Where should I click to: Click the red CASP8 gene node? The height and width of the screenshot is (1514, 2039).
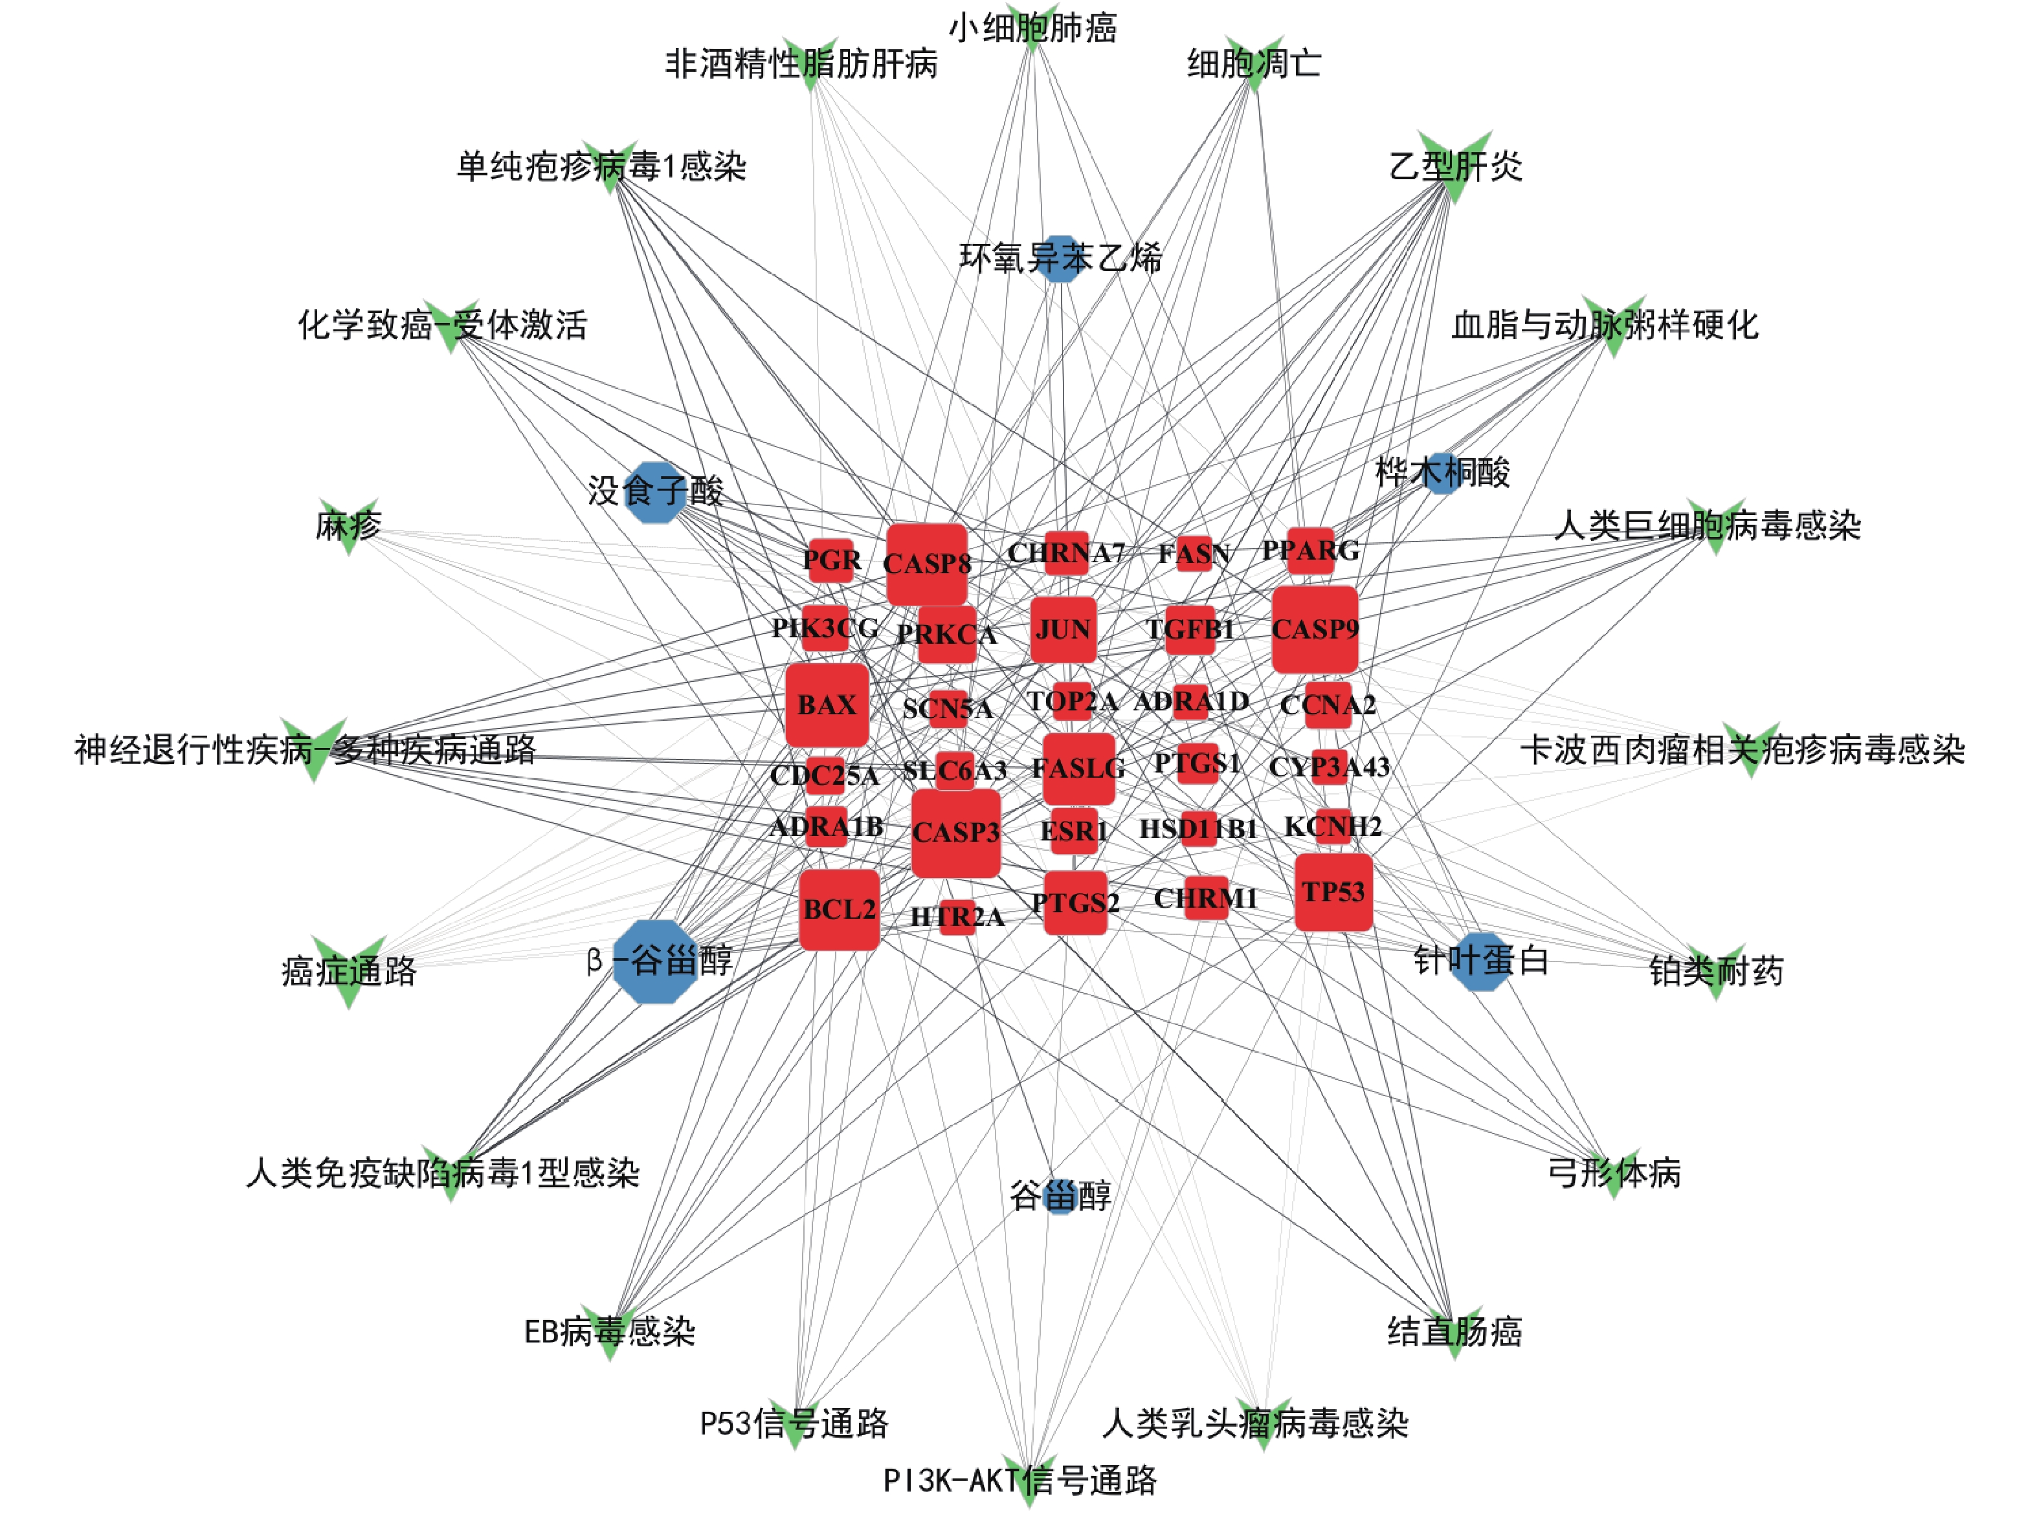(927, 564)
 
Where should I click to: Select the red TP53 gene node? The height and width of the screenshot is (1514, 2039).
(1333, 892)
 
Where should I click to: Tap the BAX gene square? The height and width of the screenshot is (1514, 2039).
(826, 705)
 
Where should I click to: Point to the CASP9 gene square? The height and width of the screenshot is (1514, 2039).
(1315, 630)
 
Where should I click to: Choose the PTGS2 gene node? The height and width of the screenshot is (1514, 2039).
(1075, 904)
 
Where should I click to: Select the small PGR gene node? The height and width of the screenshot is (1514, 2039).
(830, 560)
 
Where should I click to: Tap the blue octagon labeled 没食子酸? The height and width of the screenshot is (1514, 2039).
(654, 492)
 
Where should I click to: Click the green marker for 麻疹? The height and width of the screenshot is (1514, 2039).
(348, 526)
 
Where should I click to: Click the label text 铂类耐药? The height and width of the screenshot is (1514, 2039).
(1716, 971)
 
